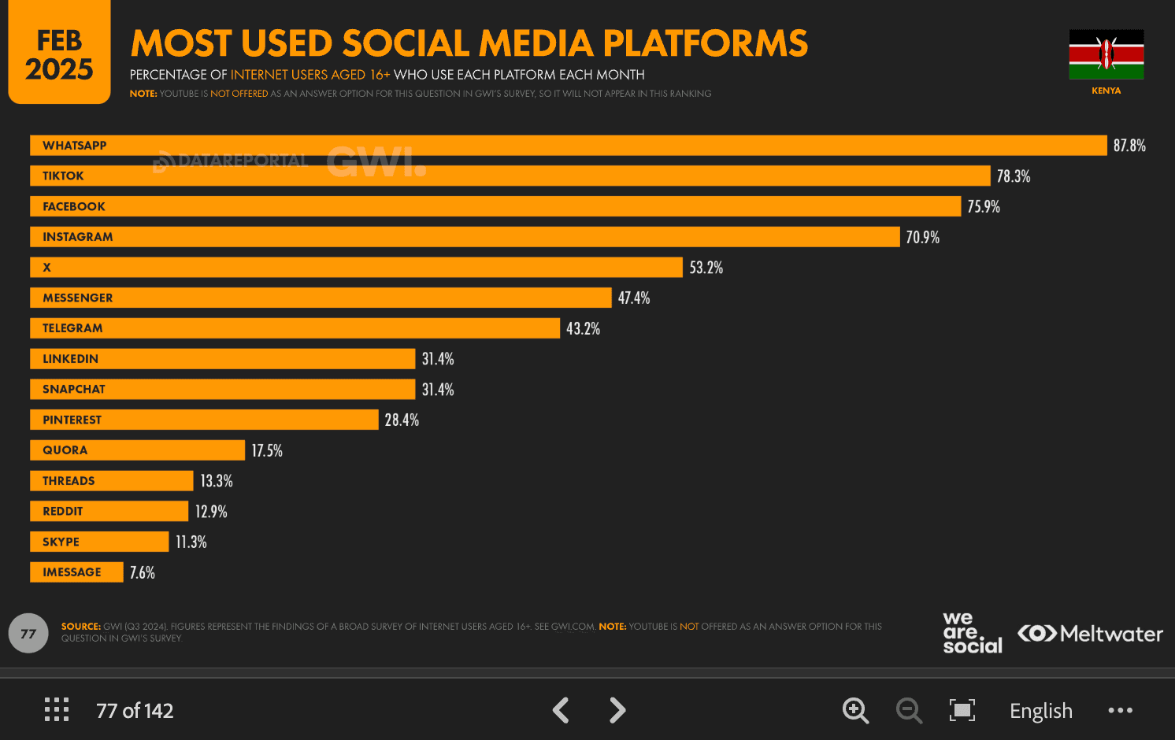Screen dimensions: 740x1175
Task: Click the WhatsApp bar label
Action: pyautogui.click(x=74, y=146)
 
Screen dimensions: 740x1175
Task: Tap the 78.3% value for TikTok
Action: pyautogui.click(x=1013, y=176)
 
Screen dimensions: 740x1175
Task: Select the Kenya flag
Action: pyautogui.click(x=1106, y=54)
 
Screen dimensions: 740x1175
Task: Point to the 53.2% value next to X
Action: pyautogui.click(x=706, y=268)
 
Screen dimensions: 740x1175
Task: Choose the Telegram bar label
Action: pyautogui.click(x=72, y=328)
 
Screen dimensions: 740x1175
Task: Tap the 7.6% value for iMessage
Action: pyautogui.click(x=143, y=573)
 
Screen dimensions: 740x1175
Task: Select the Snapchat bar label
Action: pyautogui.click(x=74, y=390)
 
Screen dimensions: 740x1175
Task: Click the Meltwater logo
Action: pyautogui.click(x=1090, y=634)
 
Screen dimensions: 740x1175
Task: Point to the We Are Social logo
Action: pyautogui.click(x=972, y=633)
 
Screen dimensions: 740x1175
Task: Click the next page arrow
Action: pyautogui.click(x=617, y=710)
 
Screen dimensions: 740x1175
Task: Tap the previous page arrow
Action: pyautogui.click(x=561, y=710)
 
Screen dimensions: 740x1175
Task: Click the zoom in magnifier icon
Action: pyautogui.click(x=855, y=710)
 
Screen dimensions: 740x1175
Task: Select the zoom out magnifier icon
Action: pyautogui.click(x=909, y=710)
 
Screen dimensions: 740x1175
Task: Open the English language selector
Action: pyautogui.click(x=1040, y=711)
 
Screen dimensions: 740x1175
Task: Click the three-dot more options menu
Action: pyautogui.click(x=1120, y=710)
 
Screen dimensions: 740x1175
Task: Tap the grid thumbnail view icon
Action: pyautogui.click(x=57, y=709)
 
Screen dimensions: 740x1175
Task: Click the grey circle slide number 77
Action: pyautogui.click(x=28, y=633)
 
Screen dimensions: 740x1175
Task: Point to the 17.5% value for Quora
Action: pyautogui.click(x=267, y=451)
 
